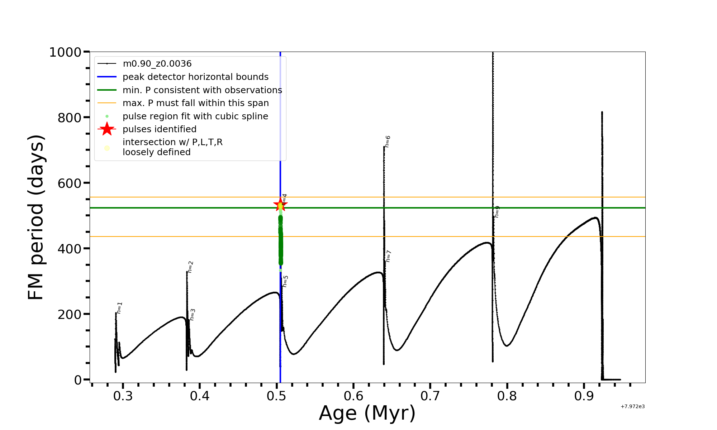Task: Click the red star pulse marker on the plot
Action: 280,205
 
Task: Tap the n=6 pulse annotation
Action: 388,142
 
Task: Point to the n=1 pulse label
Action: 120,308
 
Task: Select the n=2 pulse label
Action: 191,267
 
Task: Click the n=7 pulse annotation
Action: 389,256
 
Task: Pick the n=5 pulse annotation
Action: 285,281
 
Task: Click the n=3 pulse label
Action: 193,315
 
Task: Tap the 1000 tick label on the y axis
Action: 65,52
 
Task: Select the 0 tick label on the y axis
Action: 78,380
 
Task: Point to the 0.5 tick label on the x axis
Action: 276,396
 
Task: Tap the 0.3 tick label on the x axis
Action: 123,396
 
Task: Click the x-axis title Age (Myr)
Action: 367,413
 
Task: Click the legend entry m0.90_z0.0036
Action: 157,64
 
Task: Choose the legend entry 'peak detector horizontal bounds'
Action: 195,77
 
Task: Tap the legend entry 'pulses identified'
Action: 160,129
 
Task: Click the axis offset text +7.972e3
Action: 633,406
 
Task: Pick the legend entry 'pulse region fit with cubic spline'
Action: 195,116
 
